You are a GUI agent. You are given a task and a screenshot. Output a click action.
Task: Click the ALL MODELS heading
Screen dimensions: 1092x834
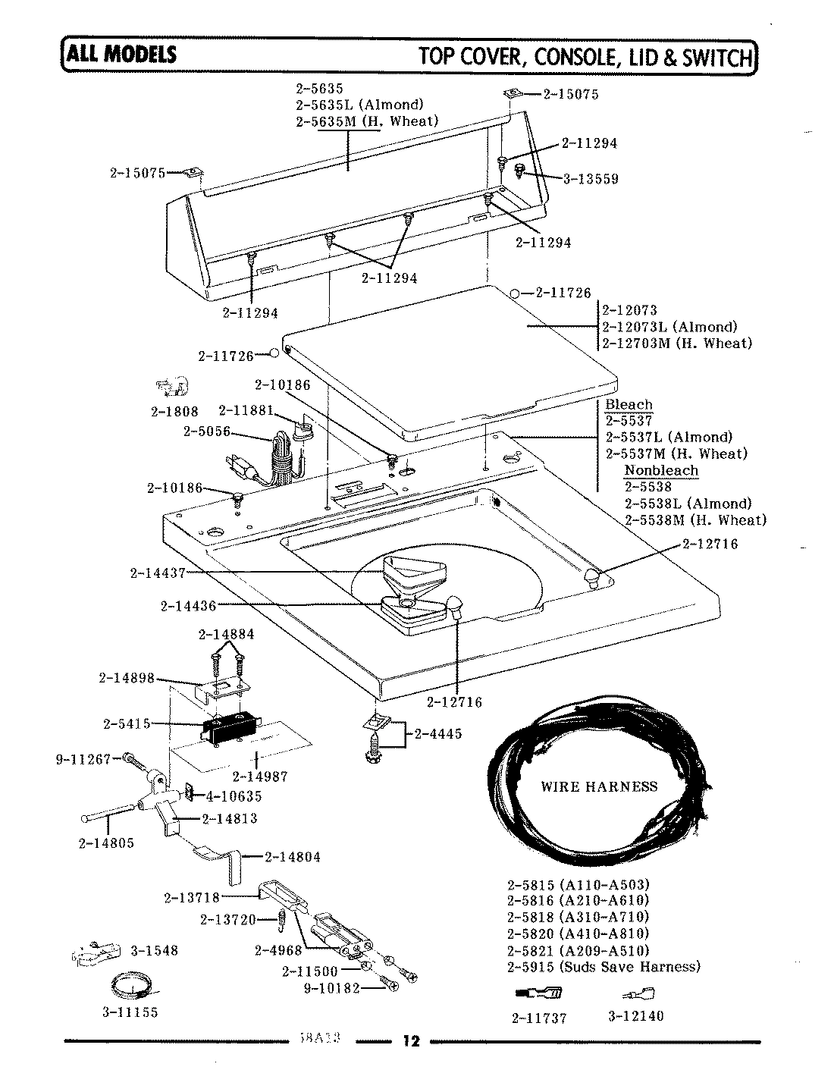(x=121, y=55)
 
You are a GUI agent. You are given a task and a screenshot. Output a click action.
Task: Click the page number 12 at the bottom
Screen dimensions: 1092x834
(x=409, y=1040)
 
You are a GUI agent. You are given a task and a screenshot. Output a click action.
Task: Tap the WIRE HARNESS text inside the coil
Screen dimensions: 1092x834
(x=599, y=786)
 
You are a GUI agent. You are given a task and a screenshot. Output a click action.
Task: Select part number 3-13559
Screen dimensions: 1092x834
(x=591, y=179)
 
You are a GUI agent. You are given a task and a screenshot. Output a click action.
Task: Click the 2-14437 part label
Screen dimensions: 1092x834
(x=158, y=573)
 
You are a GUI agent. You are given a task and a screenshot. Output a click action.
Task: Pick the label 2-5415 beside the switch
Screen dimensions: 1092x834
(x=127, y=723)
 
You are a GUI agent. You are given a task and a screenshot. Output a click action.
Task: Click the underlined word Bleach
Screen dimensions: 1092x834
(x=629, y=404)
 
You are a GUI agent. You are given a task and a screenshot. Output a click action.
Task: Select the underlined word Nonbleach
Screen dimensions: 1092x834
(x=660, y=470)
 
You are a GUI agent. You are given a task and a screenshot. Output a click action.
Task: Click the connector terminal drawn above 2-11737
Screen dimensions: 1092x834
(x=538, y=994)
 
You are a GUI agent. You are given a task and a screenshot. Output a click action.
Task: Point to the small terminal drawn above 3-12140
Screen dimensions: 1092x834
(x=638, y=994)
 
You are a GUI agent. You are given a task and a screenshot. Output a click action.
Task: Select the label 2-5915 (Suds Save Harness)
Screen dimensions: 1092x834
(x=603, y=967)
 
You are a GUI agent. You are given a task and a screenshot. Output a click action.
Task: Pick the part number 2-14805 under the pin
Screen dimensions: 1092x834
(x=105, y=843)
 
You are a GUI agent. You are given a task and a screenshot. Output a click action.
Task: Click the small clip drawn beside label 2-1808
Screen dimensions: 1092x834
(x=174, y=388)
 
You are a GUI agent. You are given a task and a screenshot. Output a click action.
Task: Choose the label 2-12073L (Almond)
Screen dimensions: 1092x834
(x=669, y=327)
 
